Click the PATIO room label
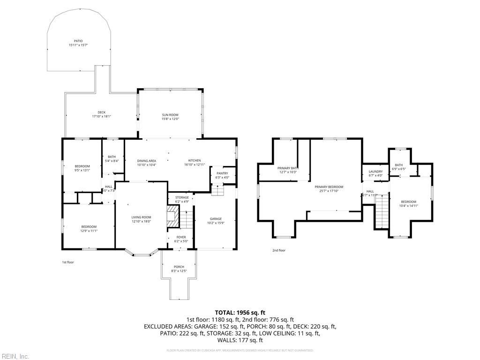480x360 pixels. point(78,41)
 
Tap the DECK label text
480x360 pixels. point(101,112)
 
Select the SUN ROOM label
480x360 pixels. point(170,115)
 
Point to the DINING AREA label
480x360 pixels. point(147,161)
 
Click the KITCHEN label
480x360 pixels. point(195,161)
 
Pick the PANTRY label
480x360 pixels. point(222,173)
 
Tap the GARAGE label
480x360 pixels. point(216,219)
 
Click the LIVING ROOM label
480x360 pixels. point(141,217)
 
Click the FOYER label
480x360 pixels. point(181,237)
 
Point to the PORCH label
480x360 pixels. point(179,267)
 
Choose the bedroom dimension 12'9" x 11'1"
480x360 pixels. point(88,231)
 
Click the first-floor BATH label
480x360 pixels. point(112,157)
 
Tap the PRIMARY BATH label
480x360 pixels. point(288,168)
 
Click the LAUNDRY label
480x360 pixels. point(375,172)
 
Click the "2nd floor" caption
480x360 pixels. point(278,250)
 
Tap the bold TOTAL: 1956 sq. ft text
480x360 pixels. point(240,312)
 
